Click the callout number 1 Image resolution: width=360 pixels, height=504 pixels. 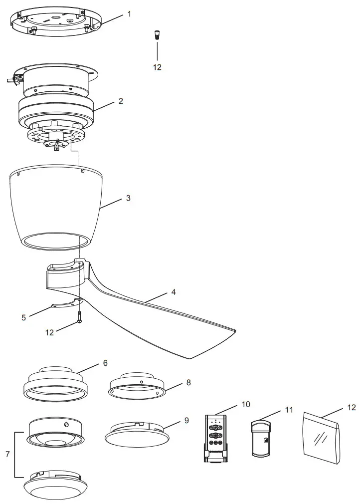(130, 13)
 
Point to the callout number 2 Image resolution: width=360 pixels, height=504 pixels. (121, 101)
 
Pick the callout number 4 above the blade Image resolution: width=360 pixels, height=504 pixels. (173, 291)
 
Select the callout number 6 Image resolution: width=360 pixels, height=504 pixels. (105, 363)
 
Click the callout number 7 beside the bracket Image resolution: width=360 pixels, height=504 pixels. (7, 454)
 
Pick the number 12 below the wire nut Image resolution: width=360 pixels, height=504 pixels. (157, 67)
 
